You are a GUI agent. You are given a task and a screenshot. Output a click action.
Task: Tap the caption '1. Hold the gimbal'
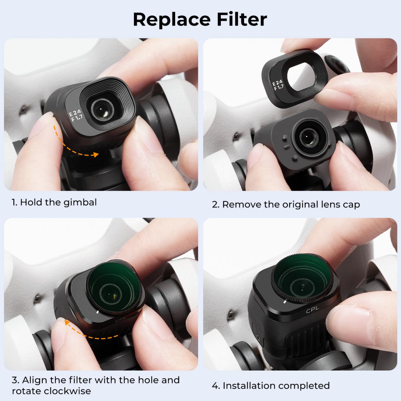point(54,202)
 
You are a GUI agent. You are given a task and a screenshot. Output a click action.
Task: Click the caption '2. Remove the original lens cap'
point(286,204)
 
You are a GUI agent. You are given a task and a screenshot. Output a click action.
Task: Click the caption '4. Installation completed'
point(271,386)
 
